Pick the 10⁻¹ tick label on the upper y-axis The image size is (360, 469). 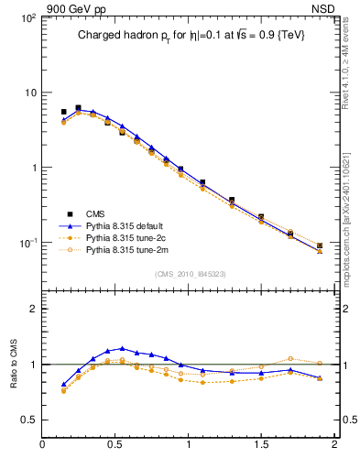pos(27,243)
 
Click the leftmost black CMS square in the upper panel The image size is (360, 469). pos(63,112)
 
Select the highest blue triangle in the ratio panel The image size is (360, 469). pos(122,348)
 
